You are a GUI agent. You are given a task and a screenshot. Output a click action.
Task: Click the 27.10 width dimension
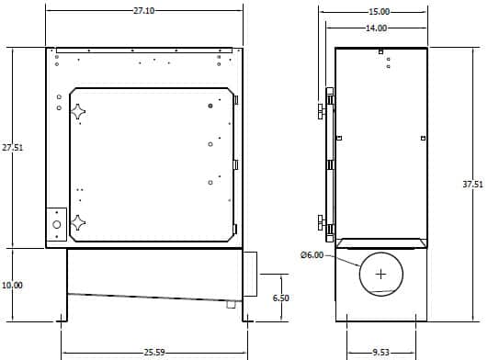pos(143,11)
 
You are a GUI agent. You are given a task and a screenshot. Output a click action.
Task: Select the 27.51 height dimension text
pos(13,147)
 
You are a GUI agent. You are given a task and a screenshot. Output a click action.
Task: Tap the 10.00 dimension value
pos(13,285)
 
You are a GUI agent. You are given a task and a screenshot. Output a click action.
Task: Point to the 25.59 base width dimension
pos(154,353)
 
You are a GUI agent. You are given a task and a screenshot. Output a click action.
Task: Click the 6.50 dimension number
pos(280,298)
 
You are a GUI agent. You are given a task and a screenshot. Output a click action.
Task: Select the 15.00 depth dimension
pos(379,12)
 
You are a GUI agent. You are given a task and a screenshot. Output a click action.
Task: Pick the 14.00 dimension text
pos(376,28)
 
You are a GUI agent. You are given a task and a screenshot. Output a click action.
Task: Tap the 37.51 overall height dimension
pos(472,184)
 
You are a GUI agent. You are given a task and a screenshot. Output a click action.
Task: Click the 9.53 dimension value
pos(381,353)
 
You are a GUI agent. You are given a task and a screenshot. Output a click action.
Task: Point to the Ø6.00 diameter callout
pos(312,255)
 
